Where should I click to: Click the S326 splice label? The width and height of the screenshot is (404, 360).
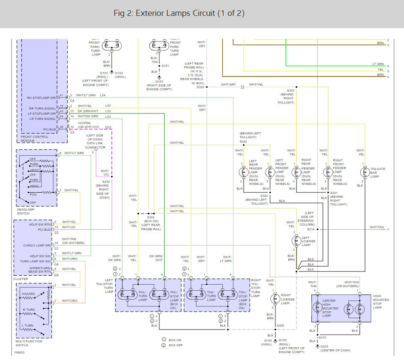tap(200, 87)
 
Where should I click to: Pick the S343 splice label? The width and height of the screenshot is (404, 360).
tap(290, 90)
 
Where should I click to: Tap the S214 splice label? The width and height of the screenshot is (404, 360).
tap(311, 229)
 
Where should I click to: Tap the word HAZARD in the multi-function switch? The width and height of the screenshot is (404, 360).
tap(28, 295)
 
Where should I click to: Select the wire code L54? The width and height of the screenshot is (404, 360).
tap(102, 95)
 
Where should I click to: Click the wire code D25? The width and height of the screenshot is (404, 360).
tap(108, 128)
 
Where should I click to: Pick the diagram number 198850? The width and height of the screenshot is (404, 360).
tap(19, 353)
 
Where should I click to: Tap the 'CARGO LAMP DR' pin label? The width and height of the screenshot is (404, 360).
tap(38, 246)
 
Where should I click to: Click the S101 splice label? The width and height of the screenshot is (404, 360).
tap(165, 66)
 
